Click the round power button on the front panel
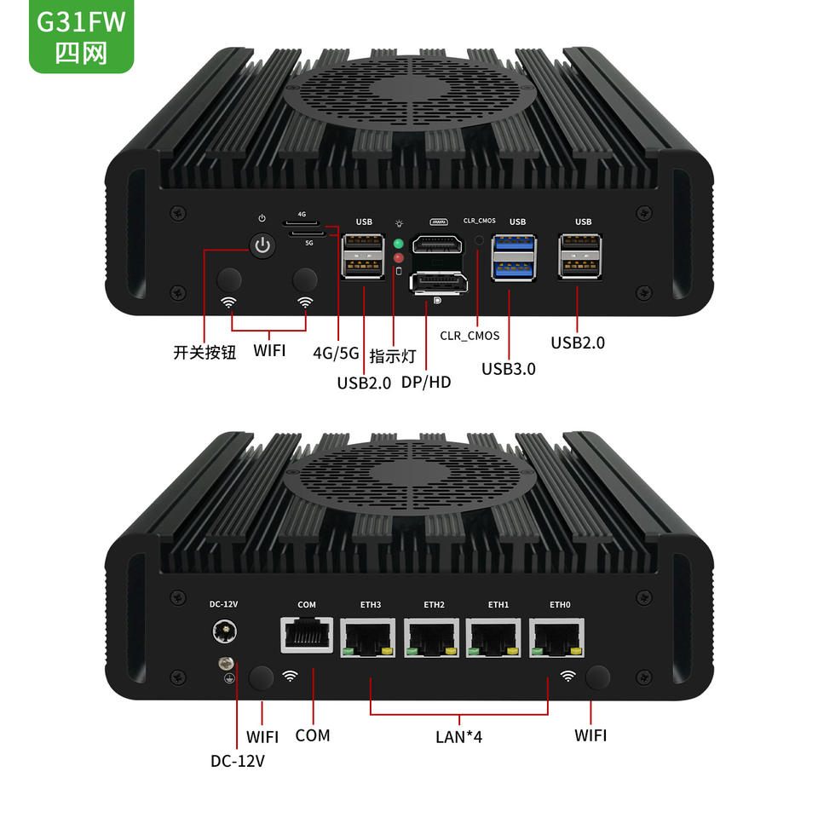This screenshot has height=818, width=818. (262, 245)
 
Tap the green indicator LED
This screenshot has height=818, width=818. (399, 244)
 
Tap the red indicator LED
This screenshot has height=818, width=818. (399, 257)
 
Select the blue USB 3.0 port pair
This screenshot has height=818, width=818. (514, 257)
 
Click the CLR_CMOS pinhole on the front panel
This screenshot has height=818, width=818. (479, 240)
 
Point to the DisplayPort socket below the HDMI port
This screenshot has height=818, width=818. (438, 283)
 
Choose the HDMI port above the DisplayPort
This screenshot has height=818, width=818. (437, 245)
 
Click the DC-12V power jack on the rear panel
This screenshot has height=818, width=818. (224, 631)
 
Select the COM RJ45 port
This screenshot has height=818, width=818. (307, 635)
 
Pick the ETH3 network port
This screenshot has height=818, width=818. (368, 637)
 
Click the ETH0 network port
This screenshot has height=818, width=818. (556, 637)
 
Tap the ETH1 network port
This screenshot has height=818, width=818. (493, 637)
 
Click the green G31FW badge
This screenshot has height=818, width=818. (82, 36)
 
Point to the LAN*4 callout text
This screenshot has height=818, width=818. (459, 736)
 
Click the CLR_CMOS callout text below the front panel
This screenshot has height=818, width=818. (469, 336)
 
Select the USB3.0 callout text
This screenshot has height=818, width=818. (509, 369)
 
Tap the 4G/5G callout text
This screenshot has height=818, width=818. (336, 353)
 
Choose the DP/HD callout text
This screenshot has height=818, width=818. (426, 383)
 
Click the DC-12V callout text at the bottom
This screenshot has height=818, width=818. (238, 761)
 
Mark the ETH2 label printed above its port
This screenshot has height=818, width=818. (434, 605)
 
